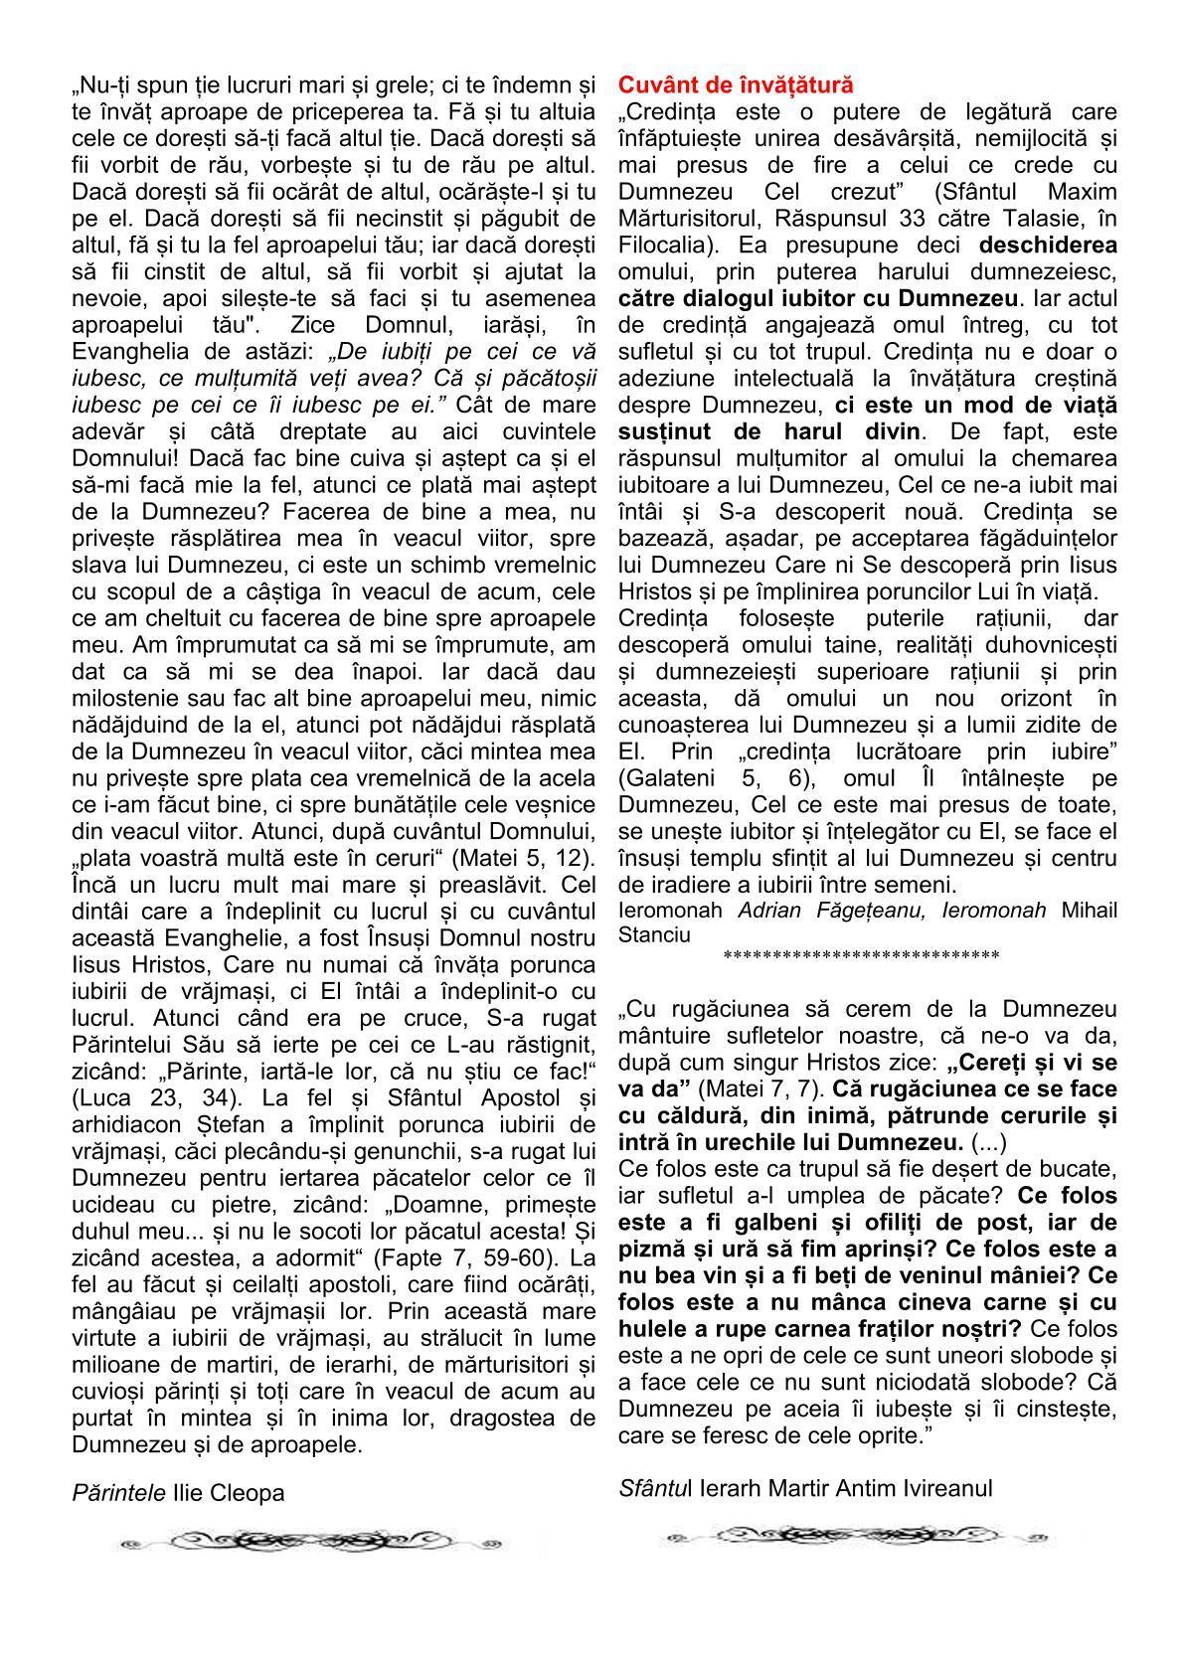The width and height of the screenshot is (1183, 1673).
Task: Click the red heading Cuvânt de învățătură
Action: (736, 84)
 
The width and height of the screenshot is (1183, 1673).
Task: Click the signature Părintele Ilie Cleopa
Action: (178, 1492)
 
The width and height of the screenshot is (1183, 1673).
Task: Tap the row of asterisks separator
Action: (861, 957)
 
